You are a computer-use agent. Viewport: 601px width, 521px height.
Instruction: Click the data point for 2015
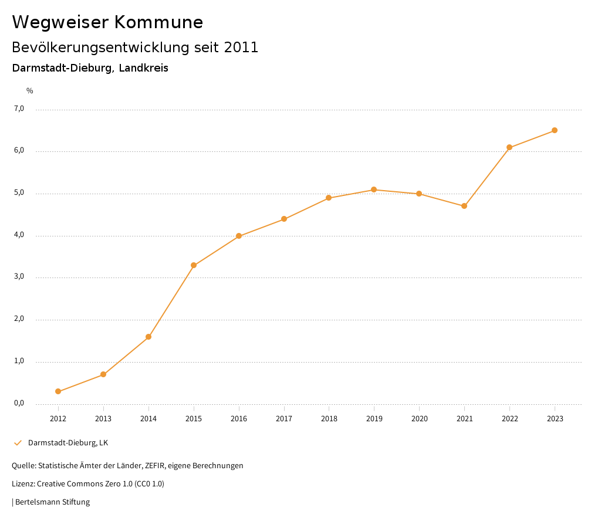click(194, 265)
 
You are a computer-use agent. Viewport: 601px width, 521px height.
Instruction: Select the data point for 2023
click(555, 130)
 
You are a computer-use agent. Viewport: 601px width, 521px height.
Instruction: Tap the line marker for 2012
click(58, 391)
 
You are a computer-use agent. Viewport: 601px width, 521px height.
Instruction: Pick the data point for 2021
click(464, 206)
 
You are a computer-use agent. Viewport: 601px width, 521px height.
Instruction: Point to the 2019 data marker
click(374, 190)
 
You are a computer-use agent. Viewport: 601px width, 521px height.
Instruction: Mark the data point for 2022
click(509, 147)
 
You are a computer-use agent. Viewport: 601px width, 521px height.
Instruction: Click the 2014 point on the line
click(148, 337)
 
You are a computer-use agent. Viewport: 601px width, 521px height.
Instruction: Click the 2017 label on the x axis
click(284, 419)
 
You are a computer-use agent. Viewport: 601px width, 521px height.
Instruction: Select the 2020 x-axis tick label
click(419, 419)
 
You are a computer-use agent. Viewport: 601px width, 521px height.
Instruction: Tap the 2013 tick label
click(103, 419)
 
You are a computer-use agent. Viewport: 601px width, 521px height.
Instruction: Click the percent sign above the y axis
click(30, 91)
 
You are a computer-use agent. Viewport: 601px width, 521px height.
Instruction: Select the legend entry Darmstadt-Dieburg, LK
click(68, 443)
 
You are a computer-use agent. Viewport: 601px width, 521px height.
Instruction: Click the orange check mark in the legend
click(18, 443)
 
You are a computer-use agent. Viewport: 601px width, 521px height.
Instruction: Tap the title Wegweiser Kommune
click(107, 22)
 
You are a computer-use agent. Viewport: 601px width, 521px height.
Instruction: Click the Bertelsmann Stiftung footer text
click(52, 502)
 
